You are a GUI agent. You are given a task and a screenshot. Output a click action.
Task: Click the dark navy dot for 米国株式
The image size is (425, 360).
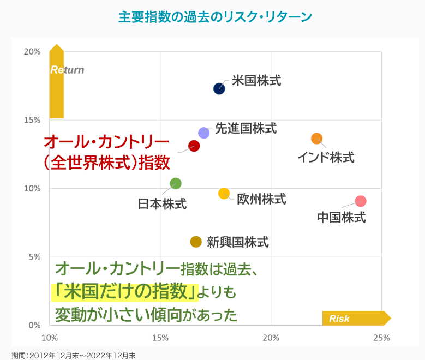pyautogui.click(x=219, y=88)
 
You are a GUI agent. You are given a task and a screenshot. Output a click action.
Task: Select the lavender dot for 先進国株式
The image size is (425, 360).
pyautogui.click(x=204, y=133)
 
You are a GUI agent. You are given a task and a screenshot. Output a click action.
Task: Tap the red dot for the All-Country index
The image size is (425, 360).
pyautogui.click(x=194, y=146)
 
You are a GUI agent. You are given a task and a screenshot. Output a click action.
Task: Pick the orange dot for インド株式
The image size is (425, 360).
pyautogui.click(x=317, y=139)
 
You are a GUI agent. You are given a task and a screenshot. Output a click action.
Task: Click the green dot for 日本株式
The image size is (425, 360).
pyautogui.click(x=176, y=183)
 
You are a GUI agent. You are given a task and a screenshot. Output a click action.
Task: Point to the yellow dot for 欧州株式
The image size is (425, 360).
pyautogui.click(x=224, y=193)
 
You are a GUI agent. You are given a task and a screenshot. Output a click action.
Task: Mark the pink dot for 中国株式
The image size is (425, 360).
pyautogui.click(x=361, y=201)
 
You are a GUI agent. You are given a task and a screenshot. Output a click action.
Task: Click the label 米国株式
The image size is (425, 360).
pyautogui.click(x=256, y=81)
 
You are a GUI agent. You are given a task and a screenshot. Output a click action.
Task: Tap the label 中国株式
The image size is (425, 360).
pyautogui.click(x=341, y=217)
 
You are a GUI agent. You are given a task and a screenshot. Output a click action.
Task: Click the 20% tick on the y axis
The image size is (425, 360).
pyautogui.click(x=33, y=52)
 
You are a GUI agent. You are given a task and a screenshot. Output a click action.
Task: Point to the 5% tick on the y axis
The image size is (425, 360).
pyautogui.click(x=34, y=257)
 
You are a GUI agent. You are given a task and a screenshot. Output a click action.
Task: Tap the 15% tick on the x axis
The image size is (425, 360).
pyautogui.click(x=160, y=338)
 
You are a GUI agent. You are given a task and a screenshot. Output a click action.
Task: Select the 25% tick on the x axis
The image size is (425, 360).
pyautogui.click(x=381, y=338)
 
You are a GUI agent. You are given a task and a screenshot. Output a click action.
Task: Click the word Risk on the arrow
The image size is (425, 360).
pyautogui.click(x=339, y=319)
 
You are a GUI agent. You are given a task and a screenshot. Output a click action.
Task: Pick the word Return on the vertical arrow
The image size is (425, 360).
pyautogui.click(x=67, y=70)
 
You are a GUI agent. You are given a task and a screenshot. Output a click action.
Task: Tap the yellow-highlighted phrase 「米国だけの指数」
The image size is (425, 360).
pyautogui.click(x=124, y=292)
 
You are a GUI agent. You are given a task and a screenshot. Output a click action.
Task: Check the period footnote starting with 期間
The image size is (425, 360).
pyautogui.click(x=73, y=355)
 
